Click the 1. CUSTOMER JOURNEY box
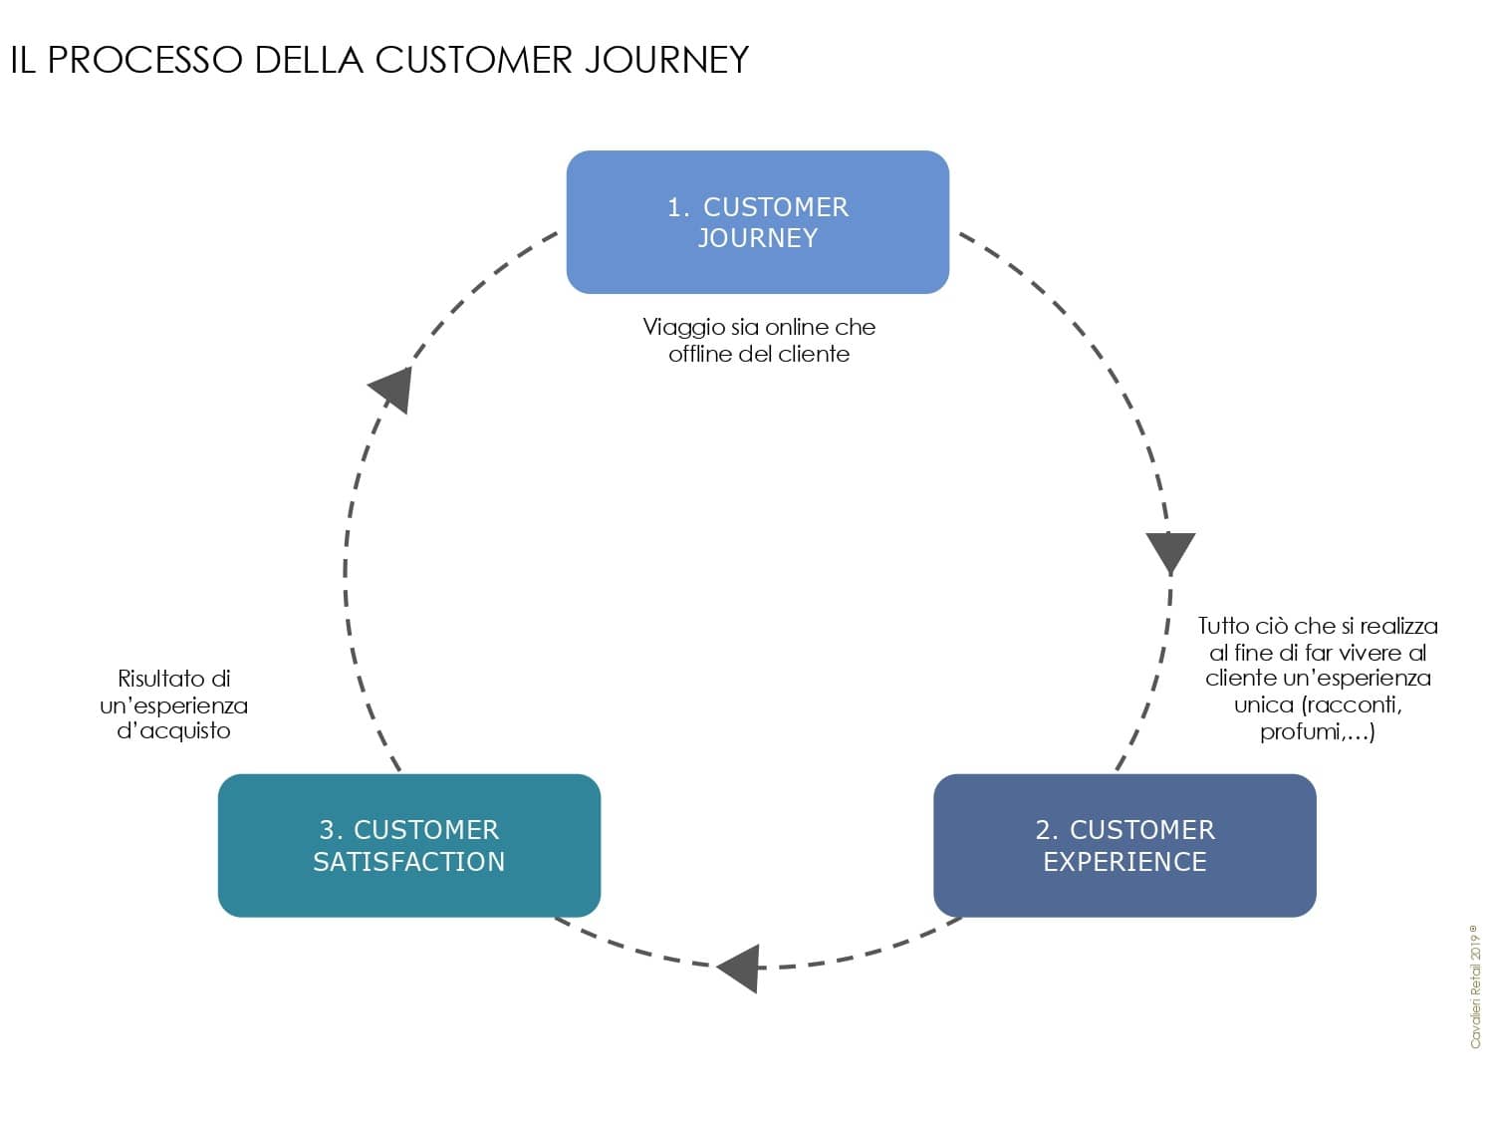(757, 222)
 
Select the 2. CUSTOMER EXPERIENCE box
(1124, 845)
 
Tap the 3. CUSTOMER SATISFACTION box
(409, 845)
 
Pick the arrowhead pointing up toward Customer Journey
(392, 390)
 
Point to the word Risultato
(163, 679)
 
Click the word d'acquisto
(173, 731)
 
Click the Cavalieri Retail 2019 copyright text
(1474, 986)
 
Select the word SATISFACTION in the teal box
(409, 862)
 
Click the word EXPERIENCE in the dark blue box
(1125, 862)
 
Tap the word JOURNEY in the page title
(667, 60)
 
